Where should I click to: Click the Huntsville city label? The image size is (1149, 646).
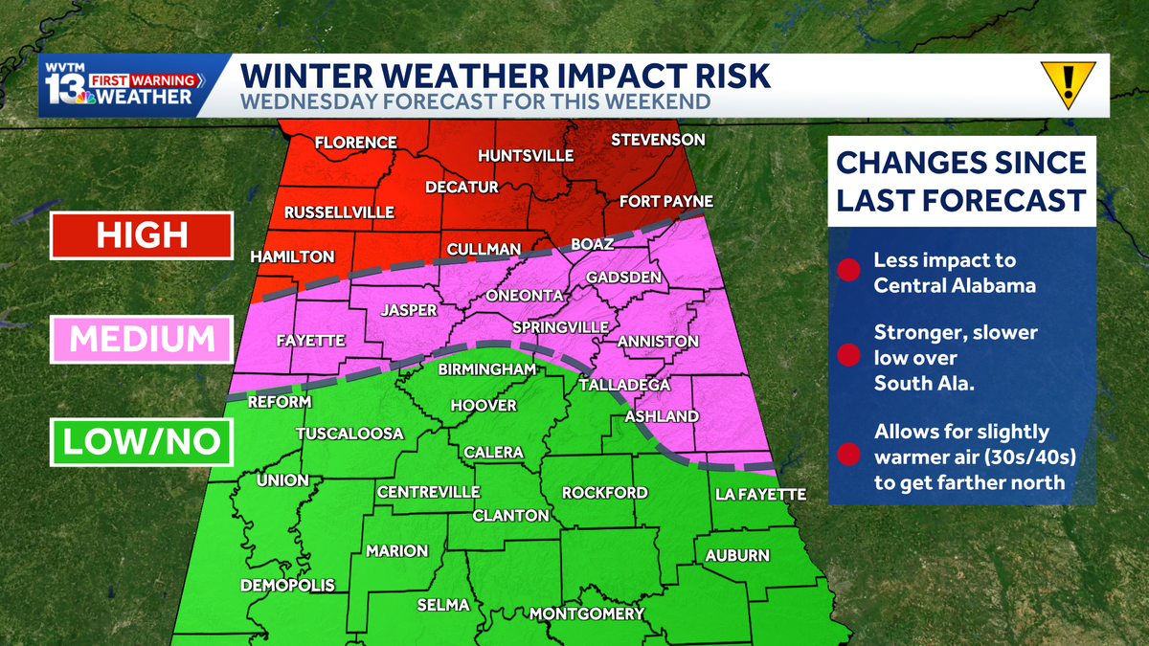point(525,156)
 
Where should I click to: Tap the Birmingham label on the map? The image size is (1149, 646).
point(486,369)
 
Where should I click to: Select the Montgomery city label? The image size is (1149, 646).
point(587,613)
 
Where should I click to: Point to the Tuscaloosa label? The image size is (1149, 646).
point(349,434)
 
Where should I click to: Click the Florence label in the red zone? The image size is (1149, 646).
point(356,143)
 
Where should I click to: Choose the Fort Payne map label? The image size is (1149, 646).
point(666,202)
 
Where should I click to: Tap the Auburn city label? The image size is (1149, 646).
point(737,555)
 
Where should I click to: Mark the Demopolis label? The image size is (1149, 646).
point(287,585)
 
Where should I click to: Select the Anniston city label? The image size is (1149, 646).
point(658,341)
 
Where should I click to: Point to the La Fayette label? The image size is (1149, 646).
point(761,495)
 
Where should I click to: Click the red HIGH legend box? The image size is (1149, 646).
point(142,234)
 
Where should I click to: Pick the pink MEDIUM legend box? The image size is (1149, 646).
point(142,339)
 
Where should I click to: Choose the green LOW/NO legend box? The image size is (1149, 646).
point(142,441)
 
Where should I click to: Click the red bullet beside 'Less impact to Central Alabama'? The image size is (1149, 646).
point(846,271)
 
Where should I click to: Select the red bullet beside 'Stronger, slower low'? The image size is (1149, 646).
point(846,357)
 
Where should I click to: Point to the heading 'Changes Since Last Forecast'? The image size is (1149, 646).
point(960,181)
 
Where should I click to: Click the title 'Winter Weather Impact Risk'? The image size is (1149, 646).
point(504,75)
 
